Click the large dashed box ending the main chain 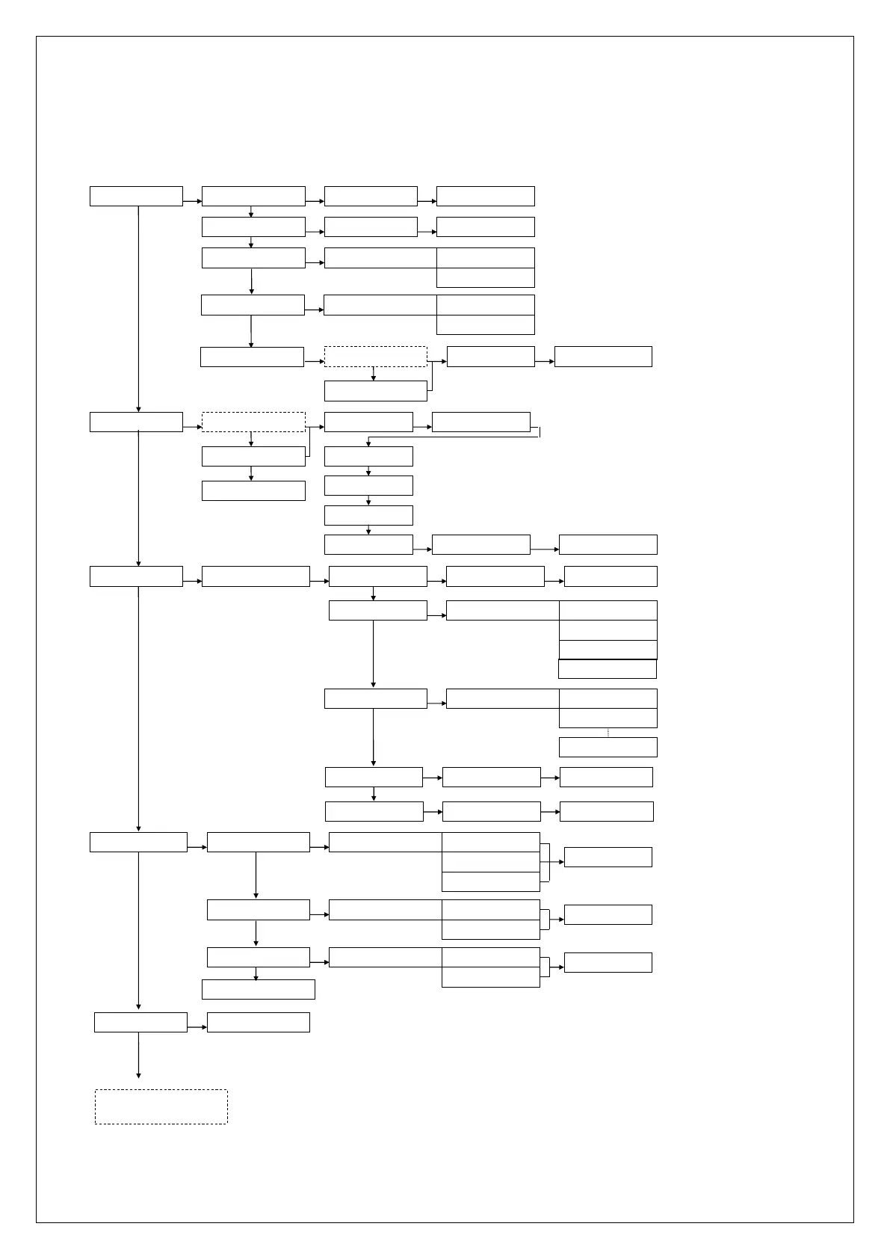coord(161,1106)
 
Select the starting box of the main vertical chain coord(136,196)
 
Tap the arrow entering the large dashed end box coord(139,1055)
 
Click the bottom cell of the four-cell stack coord(607,669)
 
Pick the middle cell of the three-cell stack coord(490,862)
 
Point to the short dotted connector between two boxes coord(608,733)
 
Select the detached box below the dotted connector coord(608,747)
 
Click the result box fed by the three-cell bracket coord(608,857)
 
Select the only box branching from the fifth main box coord(258,1022)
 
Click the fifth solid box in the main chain coord(140,1022)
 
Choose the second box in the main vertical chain coord(136,422)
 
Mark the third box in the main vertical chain coord(136,576)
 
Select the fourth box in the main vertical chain coord(138,842)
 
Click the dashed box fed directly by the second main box coord(253,422)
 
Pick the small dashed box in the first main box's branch coord(375,357)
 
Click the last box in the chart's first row coord(485,196)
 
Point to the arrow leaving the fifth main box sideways coord(197,1027)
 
